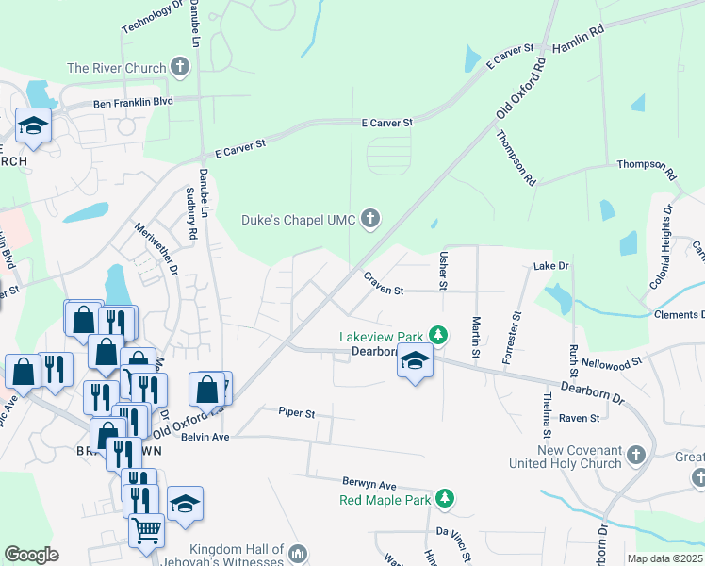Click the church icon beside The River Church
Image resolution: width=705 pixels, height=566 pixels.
180,68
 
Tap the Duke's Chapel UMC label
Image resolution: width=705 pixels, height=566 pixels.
298,220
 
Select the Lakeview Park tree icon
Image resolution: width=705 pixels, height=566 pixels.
437,336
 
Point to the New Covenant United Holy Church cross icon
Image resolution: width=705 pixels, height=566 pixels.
635,456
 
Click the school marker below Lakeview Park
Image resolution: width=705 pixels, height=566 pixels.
414,361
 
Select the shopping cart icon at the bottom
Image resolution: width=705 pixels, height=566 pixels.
146,530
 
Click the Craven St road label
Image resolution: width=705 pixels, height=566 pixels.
384,283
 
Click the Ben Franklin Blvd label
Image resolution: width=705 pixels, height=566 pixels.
133,102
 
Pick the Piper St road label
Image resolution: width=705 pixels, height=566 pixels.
296,413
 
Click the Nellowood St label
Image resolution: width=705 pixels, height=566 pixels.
611,360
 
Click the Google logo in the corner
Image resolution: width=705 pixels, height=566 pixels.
31,555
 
